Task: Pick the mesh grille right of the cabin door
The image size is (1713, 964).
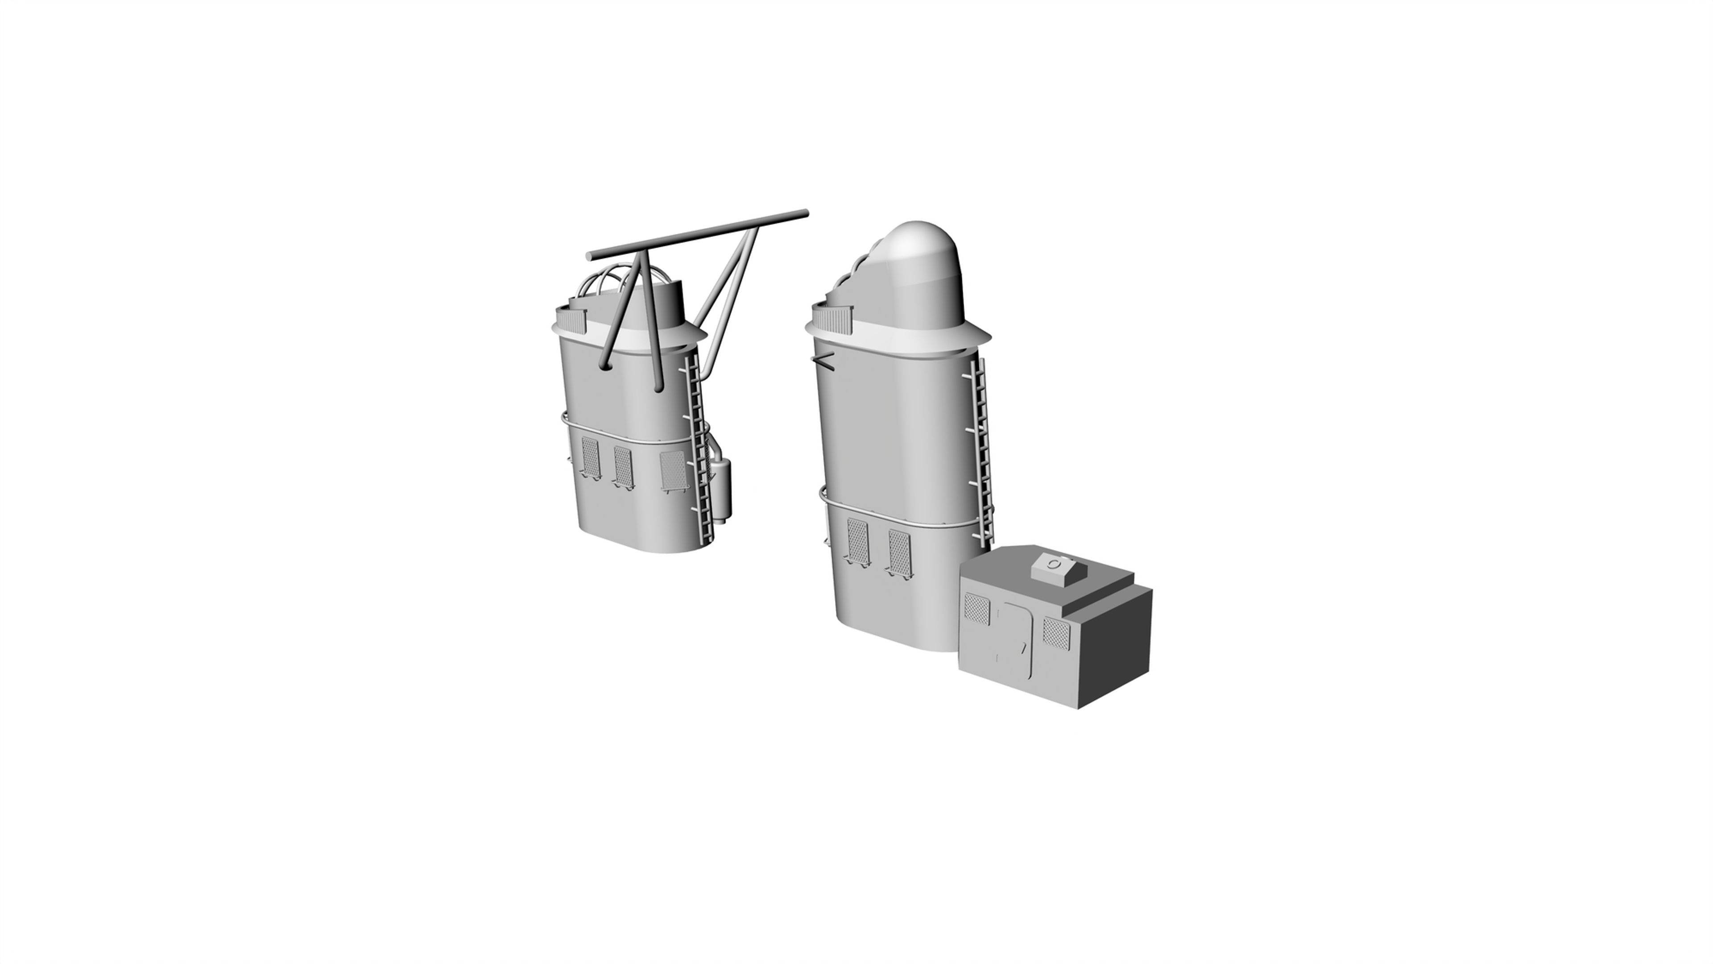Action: pyautogui.click(x=1055, y=633)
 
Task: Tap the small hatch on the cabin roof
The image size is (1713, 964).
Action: pyautogui.click(x=1054, y=565)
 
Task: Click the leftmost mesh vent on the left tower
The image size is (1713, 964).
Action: pyautogui.click(x=591, y=457)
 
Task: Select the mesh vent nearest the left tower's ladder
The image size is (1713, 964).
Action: pyautogui.click(x=672, y=470)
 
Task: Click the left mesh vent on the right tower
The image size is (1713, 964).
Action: pyautogui.click(x=857, y=540)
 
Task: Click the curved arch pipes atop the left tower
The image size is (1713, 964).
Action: pyautogui.click(x=143, y=283)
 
